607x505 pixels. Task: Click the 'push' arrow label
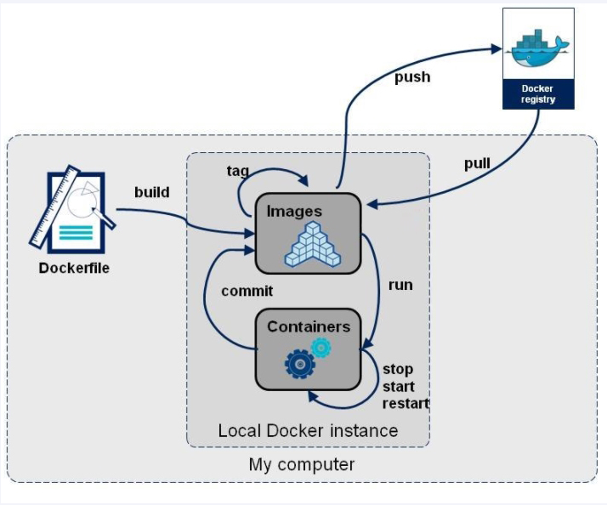tap(412, 77)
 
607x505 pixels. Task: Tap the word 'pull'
tap(477, 163)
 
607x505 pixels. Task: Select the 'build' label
tap(152, 192)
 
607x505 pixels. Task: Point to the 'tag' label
tap(238, 171)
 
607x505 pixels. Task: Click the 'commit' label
tap(247, 291)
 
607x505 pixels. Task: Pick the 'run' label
tap(400, 285)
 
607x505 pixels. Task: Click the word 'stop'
tap(398, 370)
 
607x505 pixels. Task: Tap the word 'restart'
tap(406, 403)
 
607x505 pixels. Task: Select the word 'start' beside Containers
tap(399, 387)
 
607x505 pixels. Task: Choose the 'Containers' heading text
tap(309, 326)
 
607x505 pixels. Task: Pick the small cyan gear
tap(321, 347)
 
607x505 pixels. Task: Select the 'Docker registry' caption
tap(538, 94)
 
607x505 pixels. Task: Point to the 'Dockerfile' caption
tap(75, 269)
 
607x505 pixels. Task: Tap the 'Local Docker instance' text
tap(308, 430)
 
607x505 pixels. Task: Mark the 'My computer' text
tap(302, 465)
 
